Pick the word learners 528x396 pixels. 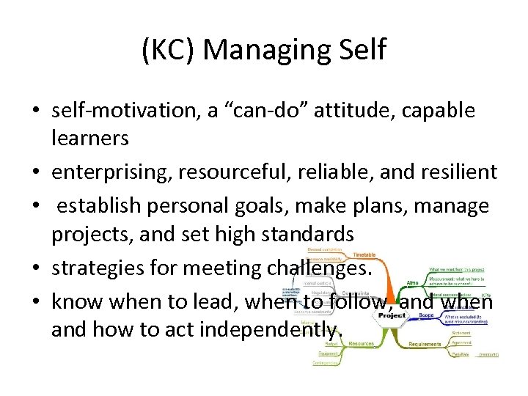pos(90,137)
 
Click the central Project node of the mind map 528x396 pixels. pos(391,315)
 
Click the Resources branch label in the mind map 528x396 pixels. pos(360,342)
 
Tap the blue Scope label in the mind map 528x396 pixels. pos(426,315)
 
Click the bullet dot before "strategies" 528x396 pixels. pos(34,269)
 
